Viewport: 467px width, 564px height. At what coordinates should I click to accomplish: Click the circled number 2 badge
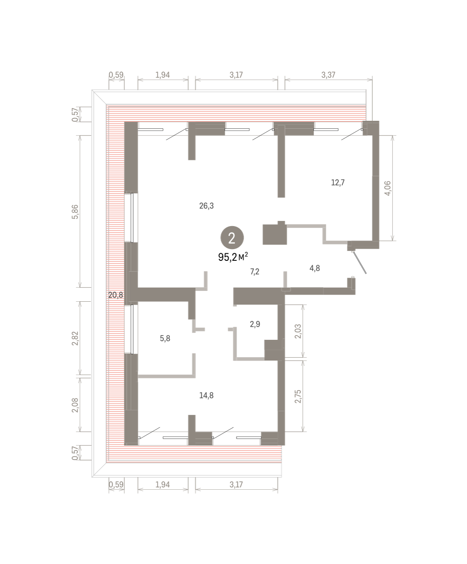point(232,238)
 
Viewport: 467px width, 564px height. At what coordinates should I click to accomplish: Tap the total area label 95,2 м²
point(233,257)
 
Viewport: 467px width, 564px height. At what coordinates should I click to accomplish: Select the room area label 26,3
point(206,206)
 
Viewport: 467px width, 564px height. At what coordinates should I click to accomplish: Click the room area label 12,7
point(338,183)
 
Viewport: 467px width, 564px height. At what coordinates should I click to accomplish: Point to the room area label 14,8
point(206,395)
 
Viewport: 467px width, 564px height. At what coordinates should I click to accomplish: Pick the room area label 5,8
point(165,338)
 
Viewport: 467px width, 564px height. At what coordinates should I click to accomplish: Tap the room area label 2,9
point(255,324)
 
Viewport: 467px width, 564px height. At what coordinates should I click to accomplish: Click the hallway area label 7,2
point(254,272)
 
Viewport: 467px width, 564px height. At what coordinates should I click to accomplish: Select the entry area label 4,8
point(315,268)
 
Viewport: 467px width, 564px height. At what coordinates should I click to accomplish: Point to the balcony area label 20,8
point(116,295)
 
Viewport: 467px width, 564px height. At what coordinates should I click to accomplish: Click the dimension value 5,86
point(75,212)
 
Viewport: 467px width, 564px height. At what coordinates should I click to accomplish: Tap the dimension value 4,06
point(388,188)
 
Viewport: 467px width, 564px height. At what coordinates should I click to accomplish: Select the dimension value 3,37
point(328,75)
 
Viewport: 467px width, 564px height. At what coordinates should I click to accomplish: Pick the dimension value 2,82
point(75,338)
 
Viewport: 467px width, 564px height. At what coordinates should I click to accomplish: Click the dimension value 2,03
point(298,331)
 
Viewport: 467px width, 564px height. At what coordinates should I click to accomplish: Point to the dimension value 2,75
point(298,397)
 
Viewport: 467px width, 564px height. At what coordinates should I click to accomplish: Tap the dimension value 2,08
point(75,405)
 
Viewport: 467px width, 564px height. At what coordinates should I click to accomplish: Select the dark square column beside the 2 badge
point(275,234)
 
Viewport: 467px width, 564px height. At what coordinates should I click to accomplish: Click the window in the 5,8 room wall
point(131,329)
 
